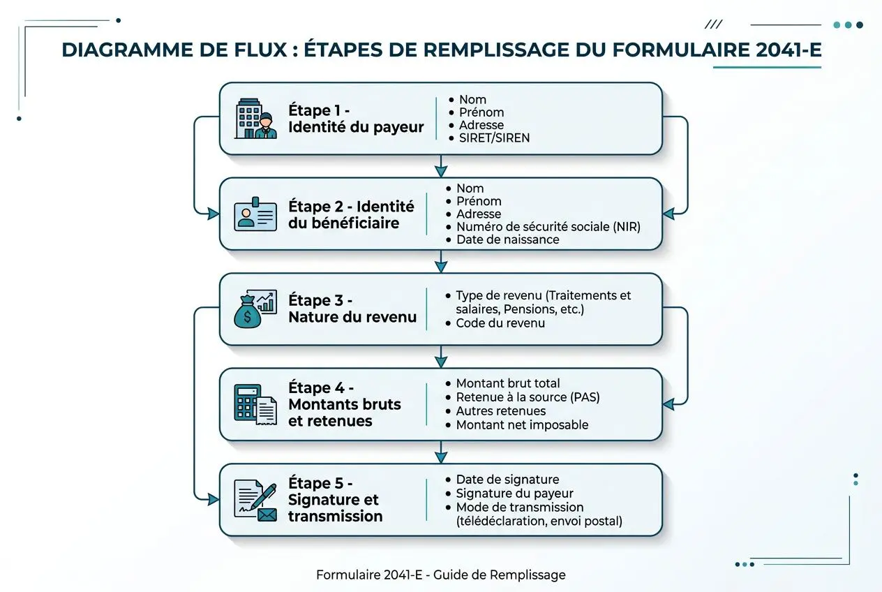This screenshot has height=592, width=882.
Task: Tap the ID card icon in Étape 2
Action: click(x=255, y=214)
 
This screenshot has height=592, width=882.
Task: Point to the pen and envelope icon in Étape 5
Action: click(x=255, y=500)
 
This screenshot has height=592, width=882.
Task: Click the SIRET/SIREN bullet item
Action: click(x=494, y=138)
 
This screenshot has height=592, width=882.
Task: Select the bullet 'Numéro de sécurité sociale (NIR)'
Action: click(x=548, y=227)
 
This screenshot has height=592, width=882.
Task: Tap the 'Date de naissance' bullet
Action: click(x=507, y=239)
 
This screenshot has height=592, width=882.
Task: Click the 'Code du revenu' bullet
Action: click(x=500, y=323)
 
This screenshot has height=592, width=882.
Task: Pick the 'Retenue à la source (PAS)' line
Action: click(x=528, y=397)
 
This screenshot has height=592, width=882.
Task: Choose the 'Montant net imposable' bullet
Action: click(x=522, y=424)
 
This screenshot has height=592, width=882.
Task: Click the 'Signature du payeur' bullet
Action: click(x=514, y=493)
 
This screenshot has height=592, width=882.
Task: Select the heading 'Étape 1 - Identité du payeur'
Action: click(x=355, y=119)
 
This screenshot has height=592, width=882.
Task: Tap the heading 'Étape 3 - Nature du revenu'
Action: click(x=352, y=309)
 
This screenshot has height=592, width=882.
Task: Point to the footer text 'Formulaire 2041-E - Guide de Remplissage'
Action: click(x=440, y=575)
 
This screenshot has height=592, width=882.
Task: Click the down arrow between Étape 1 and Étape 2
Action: click(x=440, y=167)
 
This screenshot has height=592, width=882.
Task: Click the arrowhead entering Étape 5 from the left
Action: click(x=214, y=499)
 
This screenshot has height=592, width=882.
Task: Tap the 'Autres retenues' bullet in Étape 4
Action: click(x=500, y=411)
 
